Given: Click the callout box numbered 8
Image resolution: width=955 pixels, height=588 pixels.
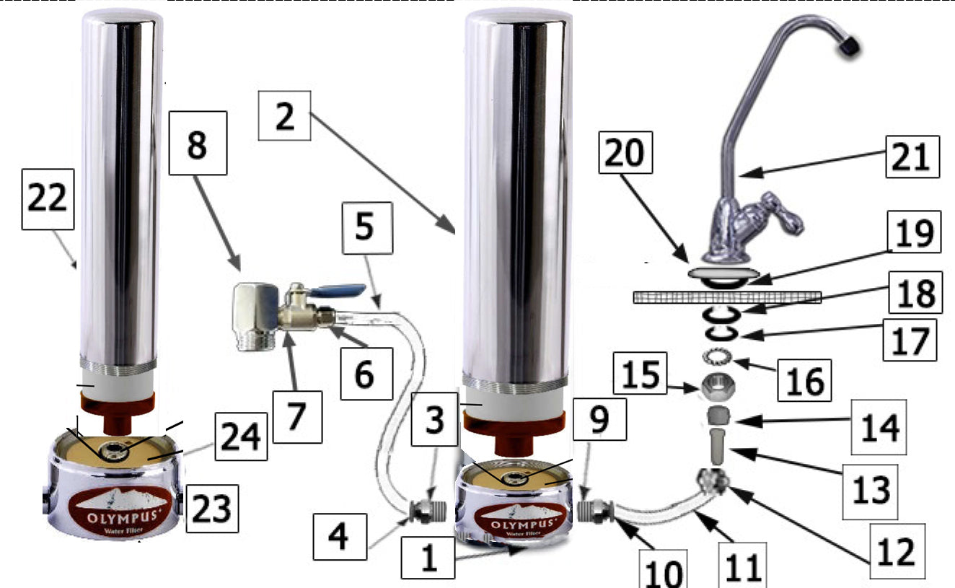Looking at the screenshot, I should (197, 143).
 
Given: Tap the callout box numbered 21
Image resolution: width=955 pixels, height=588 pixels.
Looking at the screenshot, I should (912, 156).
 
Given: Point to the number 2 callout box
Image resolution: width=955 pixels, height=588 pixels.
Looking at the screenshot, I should (284, 115).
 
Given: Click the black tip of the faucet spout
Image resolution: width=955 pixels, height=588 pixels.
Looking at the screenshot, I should (849, 47).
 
